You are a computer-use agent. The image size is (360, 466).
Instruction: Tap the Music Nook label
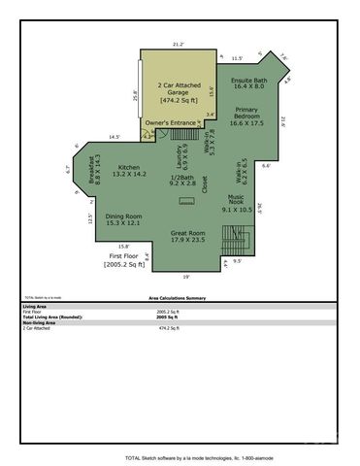[x=236, y=204]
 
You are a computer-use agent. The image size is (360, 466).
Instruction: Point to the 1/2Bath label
[x=182, y=180]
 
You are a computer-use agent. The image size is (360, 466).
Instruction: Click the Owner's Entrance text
[x=169, y=123]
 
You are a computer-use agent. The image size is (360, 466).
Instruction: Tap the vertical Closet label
[x=205, y=184]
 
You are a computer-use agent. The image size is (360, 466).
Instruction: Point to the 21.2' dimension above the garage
[x=178, y=44]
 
